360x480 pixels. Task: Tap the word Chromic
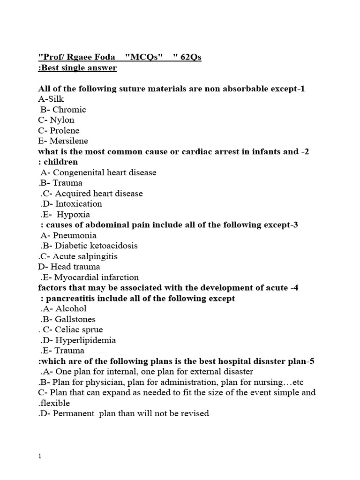pyautogui.click(x=69, y=109)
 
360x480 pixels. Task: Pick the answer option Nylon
pyautogui.click(x=62, y=120)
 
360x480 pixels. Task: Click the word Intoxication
pyautogui.click(x=78, y=203)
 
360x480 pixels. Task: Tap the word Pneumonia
pyautogui.click(x=75, y=235)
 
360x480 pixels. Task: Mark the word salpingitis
pyautogui.click(x=96, y=256)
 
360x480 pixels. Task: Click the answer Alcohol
pyautogui.click(x=71, y=308)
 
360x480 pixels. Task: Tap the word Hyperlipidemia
pyautogui.click(x=86, y=340)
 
